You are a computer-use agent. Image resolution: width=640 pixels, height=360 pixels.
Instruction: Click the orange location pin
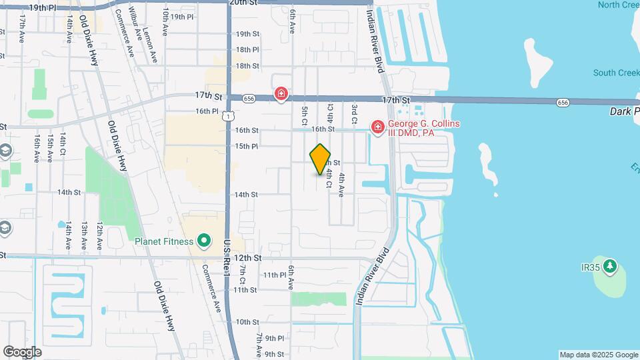[321, 159]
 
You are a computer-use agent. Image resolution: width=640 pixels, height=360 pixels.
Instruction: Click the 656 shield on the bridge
[563, 103]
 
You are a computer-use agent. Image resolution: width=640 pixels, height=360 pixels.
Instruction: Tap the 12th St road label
[248, 257]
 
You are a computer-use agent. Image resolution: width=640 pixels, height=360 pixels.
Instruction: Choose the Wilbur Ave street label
[135, 22]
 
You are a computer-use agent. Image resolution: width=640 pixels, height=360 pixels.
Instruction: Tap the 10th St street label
[247, 321]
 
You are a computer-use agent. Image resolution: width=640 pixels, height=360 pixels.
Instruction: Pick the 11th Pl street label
[274, 275]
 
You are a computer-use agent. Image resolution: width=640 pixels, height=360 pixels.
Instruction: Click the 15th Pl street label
[247, 146]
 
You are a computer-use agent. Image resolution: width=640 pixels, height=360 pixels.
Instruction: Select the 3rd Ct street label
[355, 114]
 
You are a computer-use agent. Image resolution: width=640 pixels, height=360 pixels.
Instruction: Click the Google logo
[22, 351]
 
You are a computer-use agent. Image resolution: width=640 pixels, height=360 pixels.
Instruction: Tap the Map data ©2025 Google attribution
[599, 355]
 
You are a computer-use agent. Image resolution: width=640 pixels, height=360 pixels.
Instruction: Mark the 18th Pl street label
[247, 50]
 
